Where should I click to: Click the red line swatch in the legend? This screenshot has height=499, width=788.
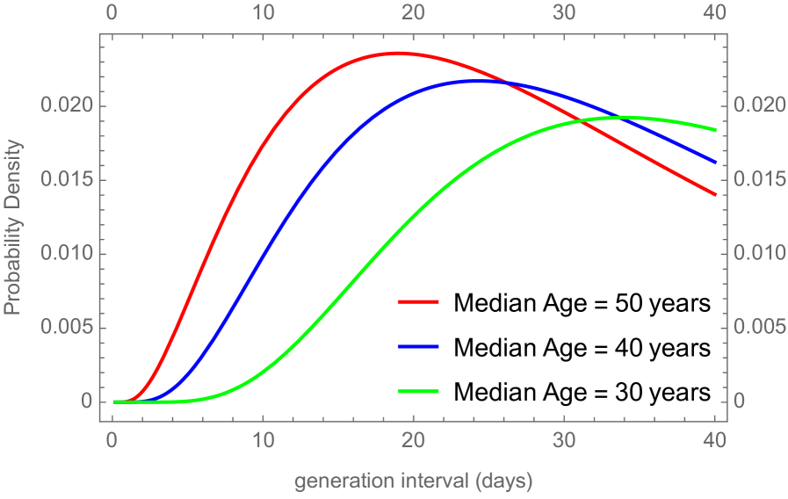tap(417, 301)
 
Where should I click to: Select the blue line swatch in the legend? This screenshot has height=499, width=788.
tap(417, 347)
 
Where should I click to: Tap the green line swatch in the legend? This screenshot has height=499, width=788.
tap(417, 391)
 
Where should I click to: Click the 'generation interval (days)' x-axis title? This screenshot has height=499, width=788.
tap(413, 481)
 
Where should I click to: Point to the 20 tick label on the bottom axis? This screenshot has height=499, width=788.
tap(414, 439)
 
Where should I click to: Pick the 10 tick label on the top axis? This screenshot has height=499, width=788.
tap(264, 13)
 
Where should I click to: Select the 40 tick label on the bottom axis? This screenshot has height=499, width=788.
tap(715, 439)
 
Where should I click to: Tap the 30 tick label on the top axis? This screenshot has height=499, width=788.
tap(565, 13)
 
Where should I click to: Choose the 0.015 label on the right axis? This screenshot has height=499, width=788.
tap(755, 180)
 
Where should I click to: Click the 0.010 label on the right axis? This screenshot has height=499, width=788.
tap(755, 254)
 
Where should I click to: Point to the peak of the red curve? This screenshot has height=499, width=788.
tap(398, 53)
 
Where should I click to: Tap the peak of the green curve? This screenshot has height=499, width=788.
tap(625, 117)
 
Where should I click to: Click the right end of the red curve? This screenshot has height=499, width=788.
tap(716, 194)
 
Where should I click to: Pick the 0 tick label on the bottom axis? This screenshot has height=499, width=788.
tap(112, 439)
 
